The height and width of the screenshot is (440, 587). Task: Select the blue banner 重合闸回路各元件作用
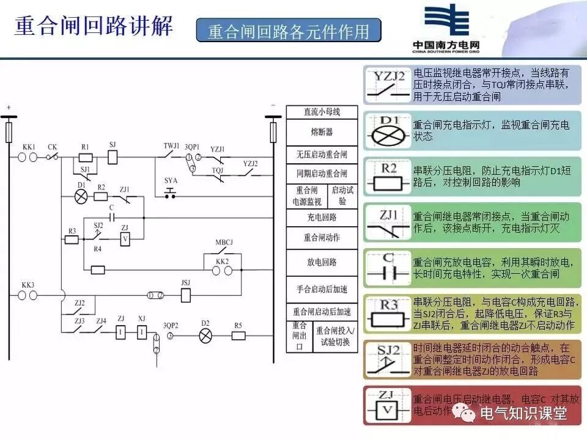(288, 31)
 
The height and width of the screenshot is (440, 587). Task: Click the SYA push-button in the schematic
(171, 193)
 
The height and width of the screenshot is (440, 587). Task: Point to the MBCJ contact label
(224, 242)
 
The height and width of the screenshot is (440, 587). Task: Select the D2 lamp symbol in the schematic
(205, 335)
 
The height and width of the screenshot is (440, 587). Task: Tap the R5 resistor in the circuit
(238, 335)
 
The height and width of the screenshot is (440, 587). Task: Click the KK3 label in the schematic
(28, 285)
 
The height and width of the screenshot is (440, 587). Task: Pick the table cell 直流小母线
(322, 112)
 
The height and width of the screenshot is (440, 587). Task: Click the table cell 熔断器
(322, 132)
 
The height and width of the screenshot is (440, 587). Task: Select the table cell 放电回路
(322, 262)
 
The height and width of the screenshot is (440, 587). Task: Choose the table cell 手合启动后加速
(322, 289)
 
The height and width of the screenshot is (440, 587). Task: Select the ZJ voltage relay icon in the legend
(386, 405)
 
